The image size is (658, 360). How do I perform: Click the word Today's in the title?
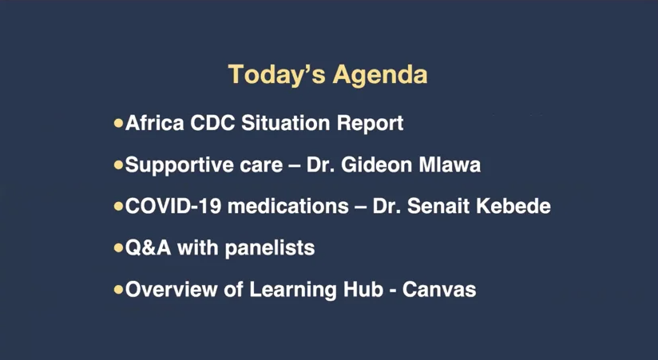click(x=276, y=75)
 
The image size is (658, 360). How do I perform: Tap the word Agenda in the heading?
click(x=380, y=76)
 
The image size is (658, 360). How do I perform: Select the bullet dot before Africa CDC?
click(x=118, y=123)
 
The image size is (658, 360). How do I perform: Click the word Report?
click(x=371, y=125)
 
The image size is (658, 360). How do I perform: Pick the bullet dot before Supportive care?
click(x=118, y=164)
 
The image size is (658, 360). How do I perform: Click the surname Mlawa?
click(x=450, y=164)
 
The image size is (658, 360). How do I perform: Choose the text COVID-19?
click(x=173, y=206)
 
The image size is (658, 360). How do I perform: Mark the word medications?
click(x=288, y=206)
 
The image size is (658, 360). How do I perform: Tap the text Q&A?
click(x=149, y=247)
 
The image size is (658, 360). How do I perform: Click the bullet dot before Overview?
click(x=118, y=289)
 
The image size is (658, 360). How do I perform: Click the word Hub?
click(x=363, y=289)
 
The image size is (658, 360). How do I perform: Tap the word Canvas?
click(x=439, y=290)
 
